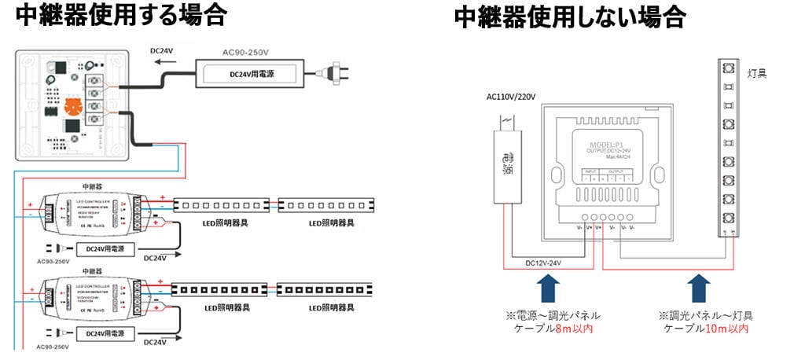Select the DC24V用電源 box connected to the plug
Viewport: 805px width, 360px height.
pos(251,74)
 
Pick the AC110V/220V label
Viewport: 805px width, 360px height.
pos(511,97)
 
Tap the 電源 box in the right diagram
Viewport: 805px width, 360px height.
pos(507,162)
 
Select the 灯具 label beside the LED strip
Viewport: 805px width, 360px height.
pos(758,73)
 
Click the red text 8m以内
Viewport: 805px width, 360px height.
pos(569,329)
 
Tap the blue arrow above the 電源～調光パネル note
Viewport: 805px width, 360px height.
pos(550,288)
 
